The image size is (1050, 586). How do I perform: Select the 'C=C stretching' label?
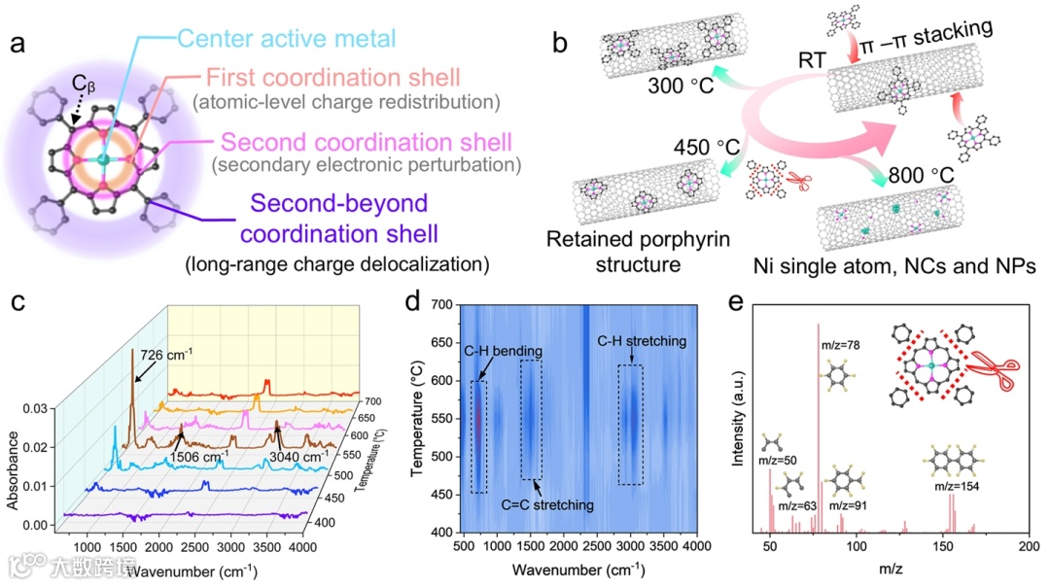click(x=547, y=505)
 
